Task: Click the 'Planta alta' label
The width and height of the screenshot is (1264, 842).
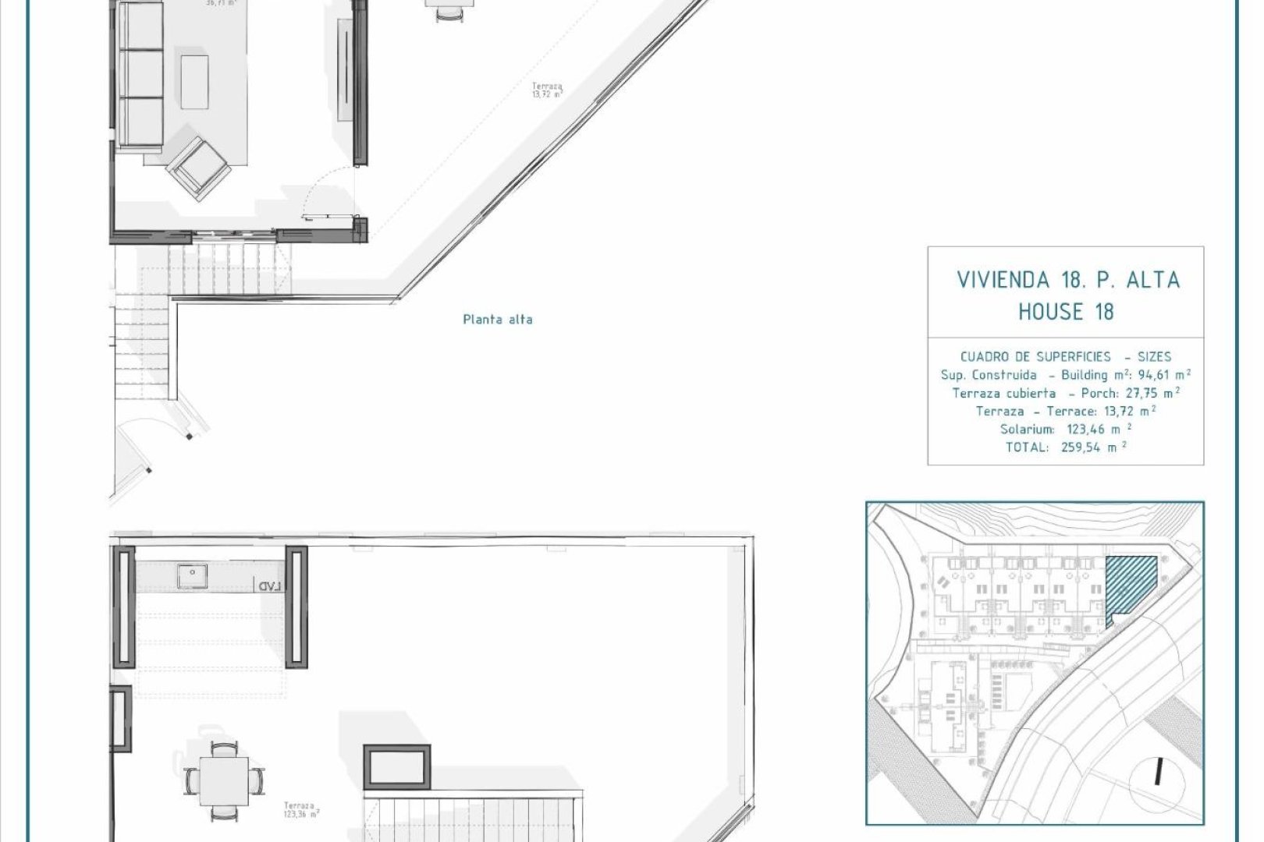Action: click(498, 319)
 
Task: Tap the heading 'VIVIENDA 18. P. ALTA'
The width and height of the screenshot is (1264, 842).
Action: click(1067, 280)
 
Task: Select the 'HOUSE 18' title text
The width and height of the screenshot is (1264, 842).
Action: click(1066, 312)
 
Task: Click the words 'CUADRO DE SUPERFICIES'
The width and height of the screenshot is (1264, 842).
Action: click(1035, 356)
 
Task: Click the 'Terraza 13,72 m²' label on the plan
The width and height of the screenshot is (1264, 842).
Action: click(547, 90)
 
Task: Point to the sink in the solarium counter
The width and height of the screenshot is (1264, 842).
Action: click(190, 575)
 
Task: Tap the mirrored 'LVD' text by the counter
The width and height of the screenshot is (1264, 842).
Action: click(268, 586)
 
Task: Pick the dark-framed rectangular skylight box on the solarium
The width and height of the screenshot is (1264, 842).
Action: click(397, 765)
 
